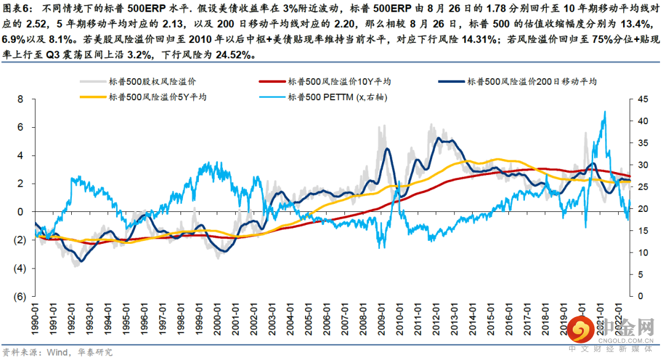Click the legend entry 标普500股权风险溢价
(x=153, y=81)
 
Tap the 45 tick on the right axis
(x=641, y=99)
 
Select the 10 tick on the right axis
(x=641, y=252)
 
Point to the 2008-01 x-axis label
(x=363, y=318)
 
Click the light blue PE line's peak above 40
(x=605, y=112)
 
